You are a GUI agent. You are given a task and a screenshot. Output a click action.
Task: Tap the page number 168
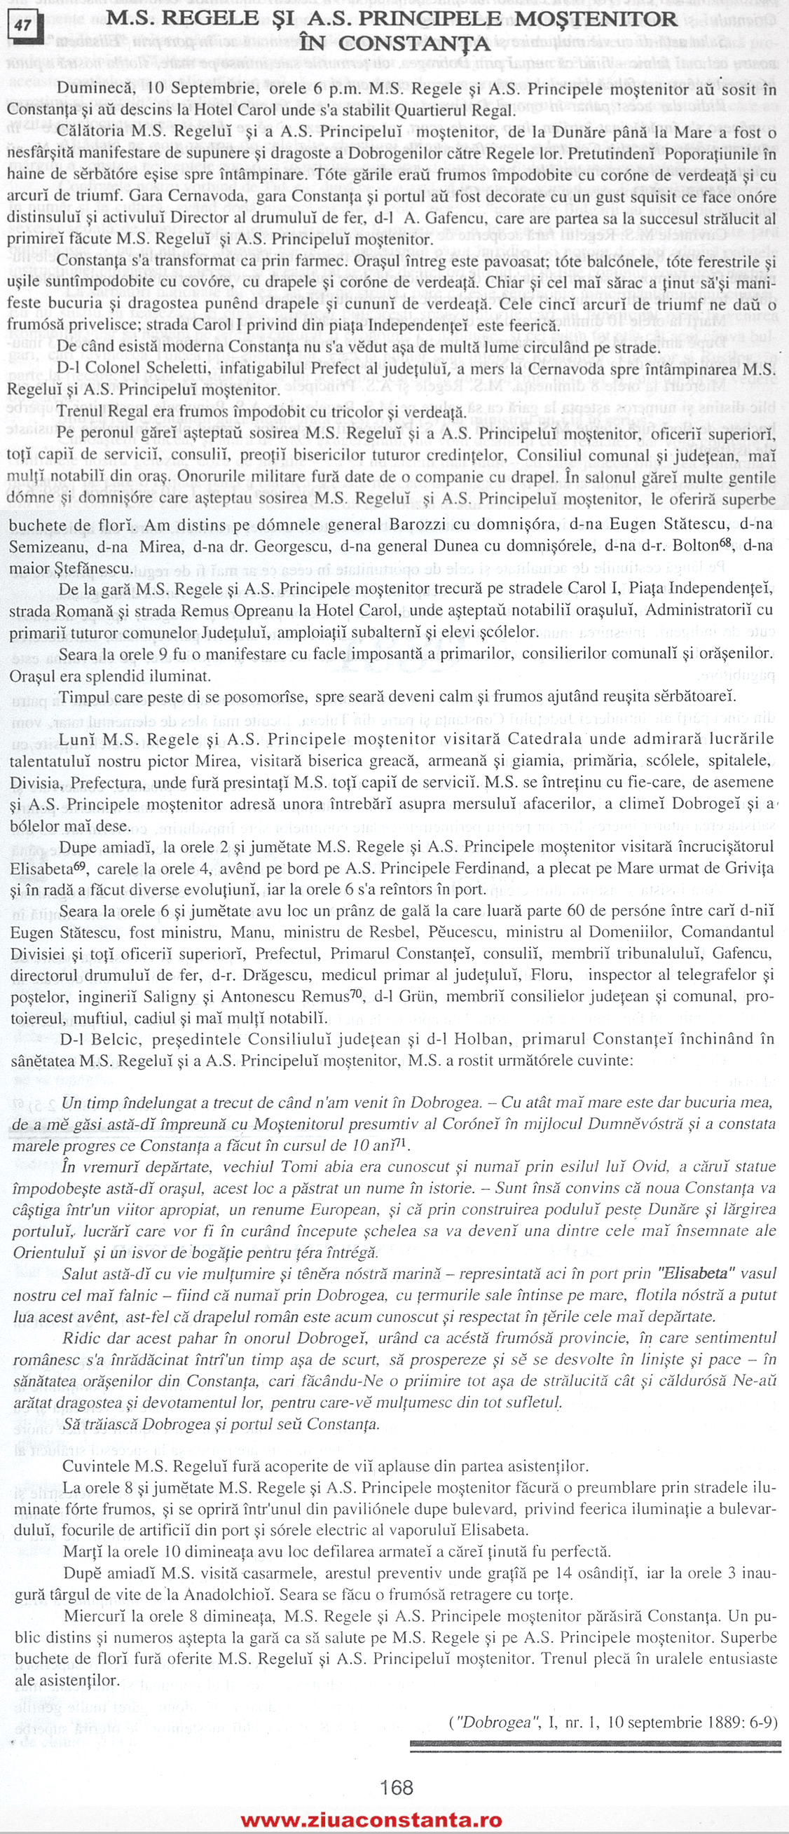397,1787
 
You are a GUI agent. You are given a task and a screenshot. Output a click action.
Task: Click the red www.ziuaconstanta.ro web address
371,1820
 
